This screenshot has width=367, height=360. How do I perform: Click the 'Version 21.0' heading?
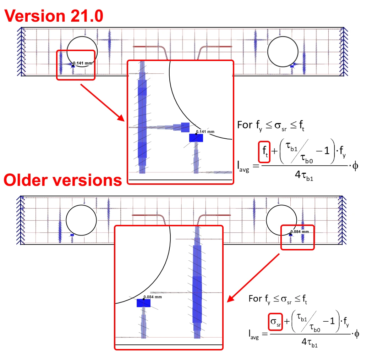pyautogui.click(x=54, y=16)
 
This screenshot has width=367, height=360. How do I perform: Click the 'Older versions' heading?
pyautogui.click(x=63, y=180)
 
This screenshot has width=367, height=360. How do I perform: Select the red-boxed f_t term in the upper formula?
pyautogui.click(x=264, y=152)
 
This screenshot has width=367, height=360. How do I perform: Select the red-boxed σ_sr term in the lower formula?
pyautogui.click(x=275, y=322)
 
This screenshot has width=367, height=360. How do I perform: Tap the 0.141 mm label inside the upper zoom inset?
pyautogui.click(x=205, y=132)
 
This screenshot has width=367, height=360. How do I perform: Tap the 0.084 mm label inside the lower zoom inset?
pyautogui.click(x=153, y=297)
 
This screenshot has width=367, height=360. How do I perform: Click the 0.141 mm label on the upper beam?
pyautogui.click(x=82, y=63)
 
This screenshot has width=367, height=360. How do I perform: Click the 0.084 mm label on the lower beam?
pyautogui.click(x=300, y=232)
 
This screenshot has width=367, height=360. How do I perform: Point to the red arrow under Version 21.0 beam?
pyautogui.click(x=103, y=103)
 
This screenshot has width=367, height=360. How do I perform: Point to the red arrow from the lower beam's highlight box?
pyautogui.click(x=253, y=278)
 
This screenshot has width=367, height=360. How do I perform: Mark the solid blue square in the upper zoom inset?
pyautogui.click(x=196, y=138)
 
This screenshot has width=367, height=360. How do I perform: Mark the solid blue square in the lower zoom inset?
pyautogui.click(x=143, y=303)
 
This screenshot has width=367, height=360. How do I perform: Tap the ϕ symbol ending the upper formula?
pyautogui.click(x=355, y=166)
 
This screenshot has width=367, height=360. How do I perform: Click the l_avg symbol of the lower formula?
pyautogui.click(x=254, y=334)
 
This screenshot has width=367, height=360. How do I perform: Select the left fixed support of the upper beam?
pyautogui.click(x=21, y=52)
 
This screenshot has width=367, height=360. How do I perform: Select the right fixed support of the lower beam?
pyautogui.click(x=342, y=220)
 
